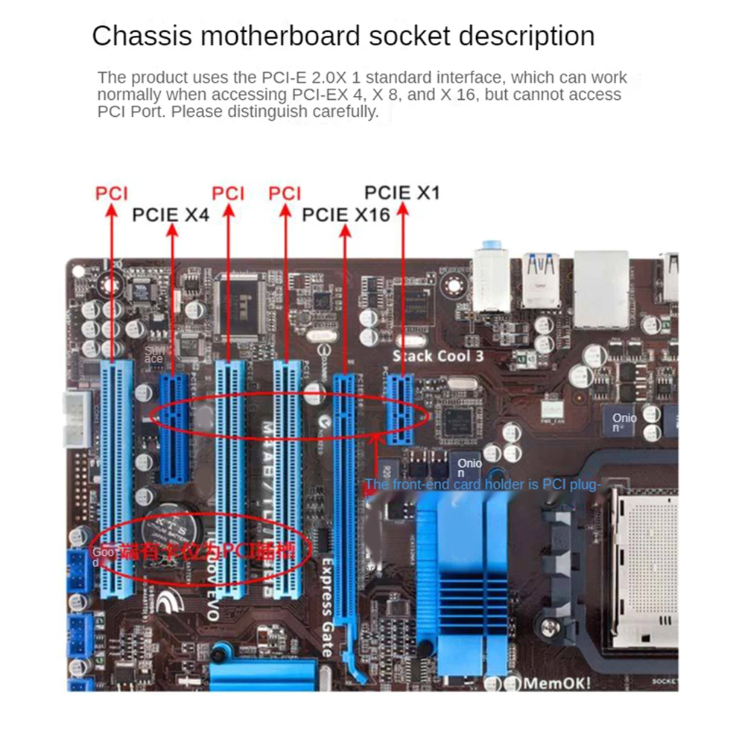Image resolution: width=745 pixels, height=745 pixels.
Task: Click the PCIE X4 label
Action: click(x=171, y=215)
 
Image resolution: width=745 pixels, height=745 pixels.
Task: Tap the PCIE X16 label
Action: click(x=346, y=215)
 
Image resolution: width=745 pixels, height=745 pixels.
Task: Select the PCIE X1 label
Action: click(x=402, y=193)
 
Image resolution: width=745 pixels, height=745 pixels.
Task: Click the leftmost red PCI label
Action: click(x=112, y=194)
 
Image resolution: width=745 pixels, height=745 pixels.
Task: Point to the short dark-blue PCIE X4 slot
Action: click(x=173, y=428)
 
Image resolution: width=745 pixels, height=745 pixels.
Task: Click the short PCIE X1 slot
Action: click(x=401, y=410)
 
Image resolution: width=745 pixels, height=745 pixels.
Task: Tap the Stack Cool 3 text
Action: click(x=438, y=356)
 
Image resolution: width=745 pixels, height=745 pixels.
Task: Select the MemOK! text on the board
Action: click(x=557, y=683)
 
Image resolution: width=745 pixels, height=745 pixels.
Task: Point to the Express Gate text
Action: click(x=326, y=607)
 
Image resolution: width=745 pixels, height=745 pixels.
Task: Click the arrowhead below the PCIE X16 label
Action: click(x=345, y=232)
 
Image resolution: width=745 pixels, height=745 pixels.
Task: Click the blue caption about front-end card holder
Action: click(x=482, y=485)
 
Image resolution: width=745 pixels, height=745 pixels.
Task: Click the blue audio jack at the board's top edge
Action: click(x=489, y=246)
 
